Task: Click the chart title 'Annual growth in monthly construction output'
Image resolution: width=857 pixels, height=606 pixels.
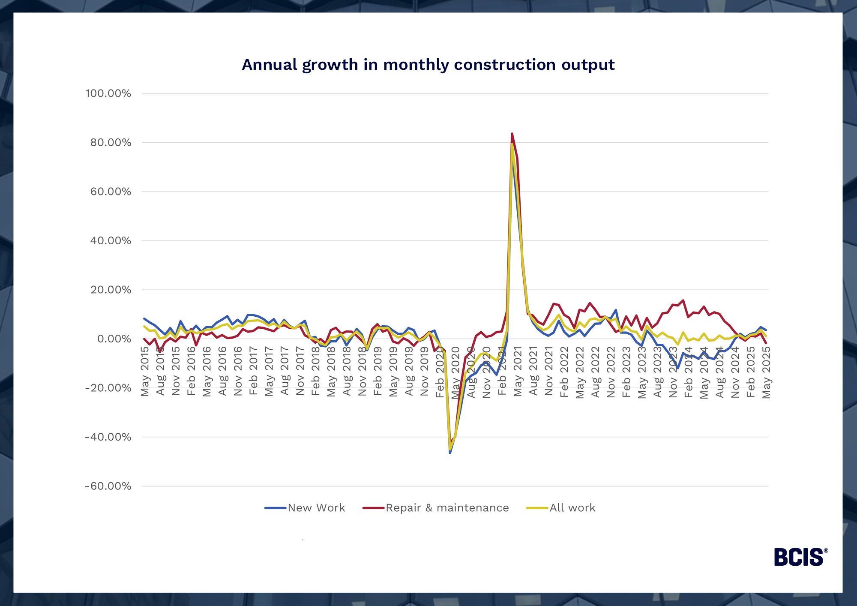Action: (x=428, y=65)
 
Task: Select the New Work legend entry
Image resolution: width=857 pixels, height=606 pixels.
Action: (x=305, y=508)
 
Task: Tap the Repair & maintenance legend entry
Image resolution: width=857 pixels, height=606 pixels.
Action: (x=436, y=508)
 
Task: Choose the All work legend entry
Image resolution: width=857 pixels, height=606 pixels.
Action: (x=561, y=508)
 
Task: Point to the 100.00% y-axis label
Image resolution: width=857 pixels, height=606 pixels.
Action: (x=108, y=93)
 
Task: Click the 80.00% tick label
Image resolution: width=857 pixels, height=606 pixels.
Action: (x=111, y=143)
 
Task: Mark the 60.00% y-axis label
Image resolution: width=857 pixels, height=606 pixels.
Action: (x=111, y=192)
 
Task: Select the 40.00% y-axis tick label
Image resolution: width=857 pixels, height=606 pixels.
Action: (x=111, y=241)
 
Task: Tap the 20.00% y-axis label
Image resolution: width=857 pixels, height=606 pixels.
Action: (x=111, y=290)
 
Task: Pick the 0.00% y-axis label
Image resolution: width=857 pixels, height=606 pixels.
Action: (x=114, y=339)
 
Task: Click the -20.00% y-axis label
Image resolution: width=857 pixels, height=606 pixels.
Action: (x=108, y=388)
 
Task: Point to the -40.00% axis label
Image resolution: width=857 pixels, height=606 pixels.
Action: (x=108, y=437)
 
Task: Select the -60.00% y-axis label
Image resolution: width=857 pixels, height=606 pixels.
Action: (x=108, y=486)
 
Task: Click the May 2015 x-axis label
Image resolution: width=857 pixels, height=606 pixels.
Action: (x=145, y=371)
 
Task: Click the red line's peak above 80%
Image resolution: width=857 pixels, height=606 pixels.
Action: (x=512, y=134)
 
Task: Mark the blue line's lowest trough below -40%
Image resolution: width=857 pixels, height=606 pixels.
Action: (x=450, y=453)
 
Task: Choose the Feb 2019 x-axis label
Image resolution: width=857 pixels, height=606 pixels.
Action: (x=378, y=371)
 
